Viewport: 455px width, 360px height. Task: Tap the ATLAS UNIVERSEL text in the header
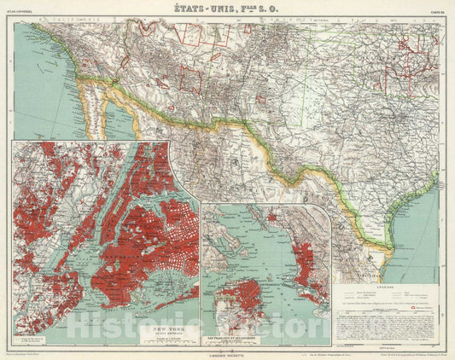pos(26,12)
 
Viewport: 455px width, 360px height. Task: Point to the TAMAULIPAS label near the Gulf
pos(377,254)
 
